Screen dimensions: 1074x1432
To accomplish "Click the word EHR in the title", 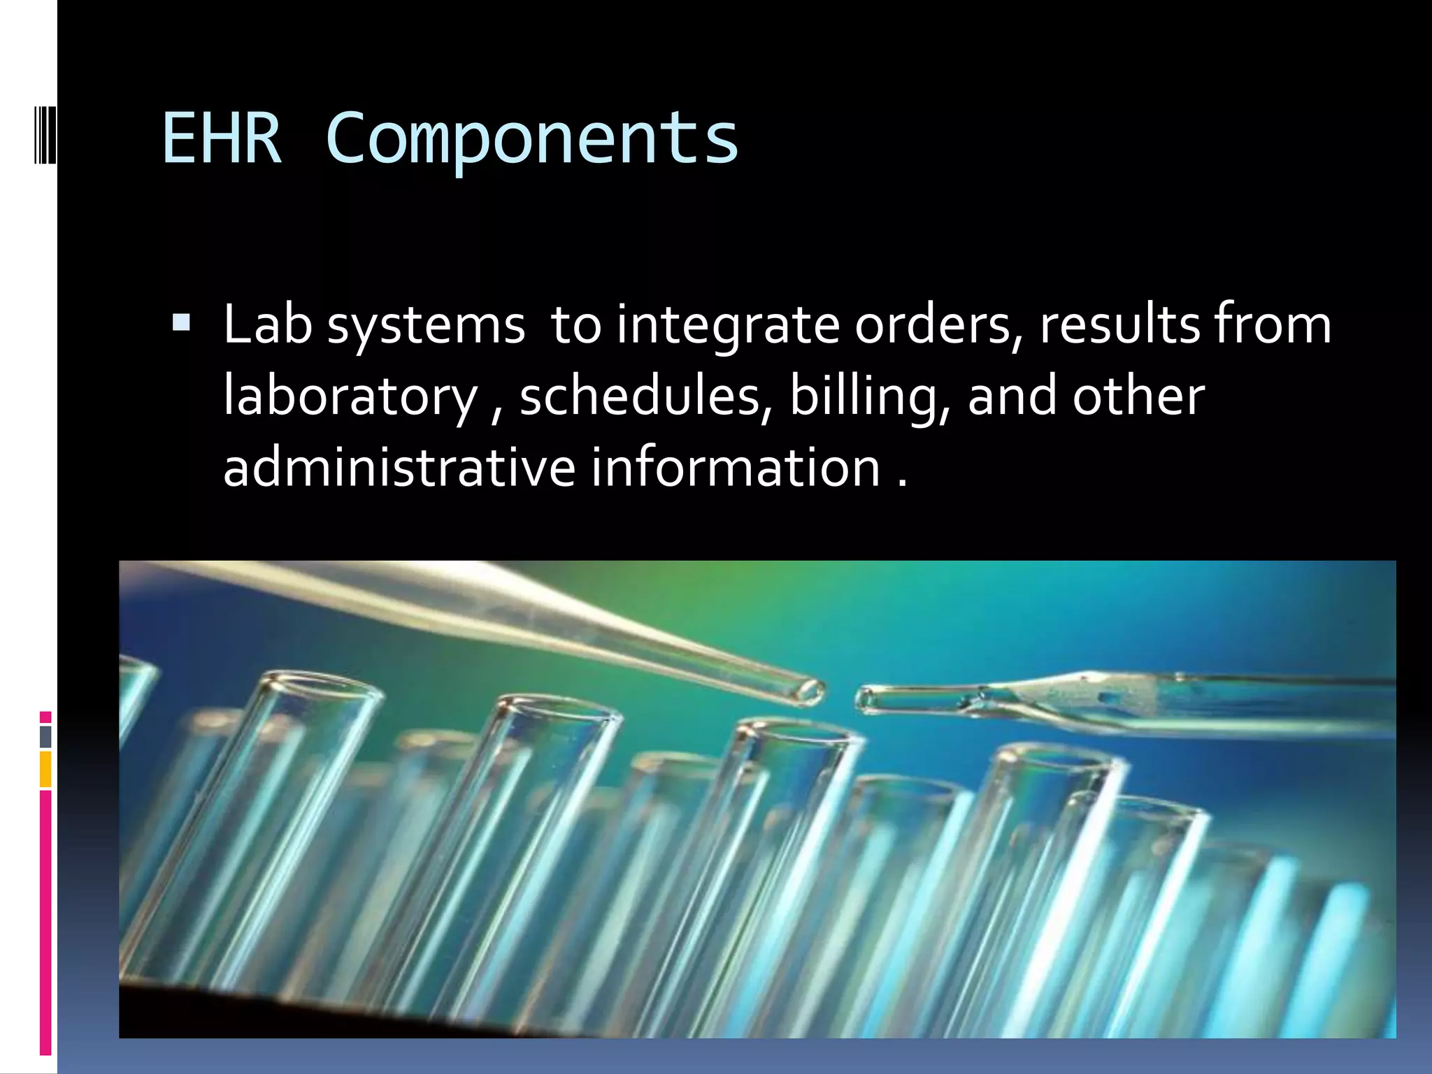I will click(x=222, y=139).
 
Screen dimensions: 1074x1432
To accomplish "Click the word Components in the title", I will click(x=531, y=139).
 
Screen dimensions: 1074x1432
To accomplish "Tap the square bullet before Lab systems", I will click(x=180, y=323).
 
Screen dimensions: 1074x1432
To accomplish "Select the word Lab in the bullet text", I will click(x=267, y=325).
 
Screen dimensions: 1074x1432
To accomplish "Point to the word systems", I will click(x=426, y=327).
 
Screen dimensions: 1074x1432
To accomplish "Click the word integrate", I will click(x=728, y=327).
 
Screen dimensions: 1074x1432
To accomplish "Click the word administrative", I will click(x=399, y=467).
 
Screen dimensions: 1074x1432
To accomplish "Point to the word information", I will click(x=736, y=467).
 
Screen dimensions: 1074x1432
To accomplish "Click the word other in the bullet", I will click(x=1138, y=396).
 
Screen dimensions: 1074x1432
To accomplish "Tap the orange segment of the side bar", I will click(x=45, y=769).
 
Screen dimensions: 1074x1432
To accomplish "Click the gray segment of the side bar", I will click(x=45, y=736).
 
